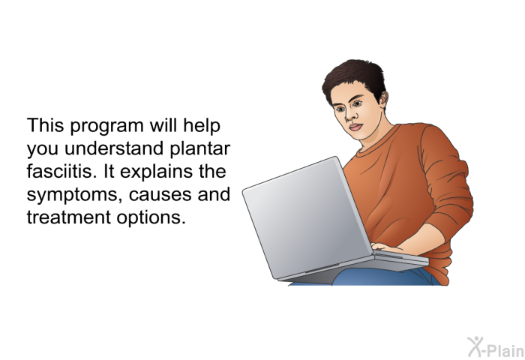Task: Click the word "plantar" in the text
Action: point(200,149)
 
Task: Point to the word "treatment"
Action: point(69,217)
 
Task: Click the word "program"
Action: point(106,127)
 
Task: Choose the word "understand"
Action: point(114,148)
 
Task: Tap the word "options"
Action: point(151,217)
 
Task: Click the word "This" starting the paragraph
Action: point(45,125)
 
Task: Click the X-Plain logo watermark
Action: point(496,347)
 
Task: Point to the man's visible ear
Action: point(384,100)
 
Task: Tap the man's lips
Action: point(355,127)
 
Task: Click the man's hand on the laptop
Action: point(388,248)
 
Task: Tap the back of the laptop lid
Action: point(306,217)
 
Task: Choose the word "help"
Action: point(202,127)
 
